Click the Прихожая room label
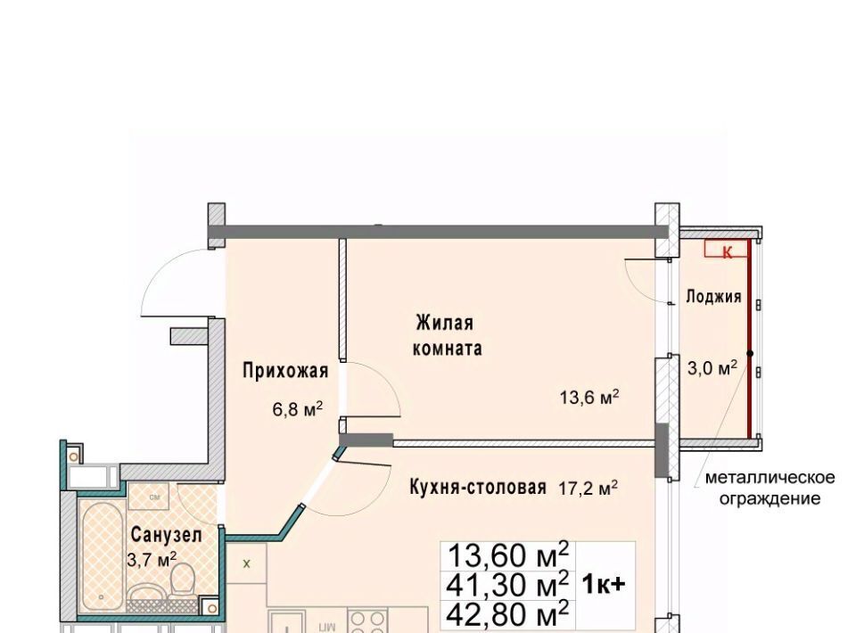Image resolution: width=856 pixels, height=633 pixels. click(285, 371)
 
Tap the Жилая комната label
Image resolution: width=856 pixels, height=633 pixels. click(447, 335)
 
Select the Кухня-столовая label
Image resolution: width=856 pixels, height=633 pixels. click(478, 487)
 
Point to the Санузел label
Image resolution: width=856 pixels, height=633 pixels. click(167, 535)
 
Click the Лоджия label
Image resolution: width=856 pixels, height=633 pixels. click(713, 296)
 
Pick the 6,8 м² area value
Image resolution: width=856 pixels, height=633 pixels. click(298, 408)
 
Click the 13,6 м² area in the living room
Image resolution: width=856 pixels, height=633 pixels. click(589, 396)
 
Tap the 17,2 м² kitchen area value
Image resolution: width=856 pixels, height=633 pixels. click(588, 488)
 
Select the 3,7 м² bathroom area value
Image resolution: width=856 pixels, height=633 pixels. click(152, 558)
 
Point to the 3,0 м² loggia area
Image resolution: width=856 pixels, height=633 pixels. click(712, 368)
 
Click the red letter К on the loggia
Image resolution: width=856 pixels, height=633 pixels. click(728, 252)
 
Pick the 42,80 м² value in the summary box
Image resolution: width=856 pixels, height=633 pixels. click(507, 614)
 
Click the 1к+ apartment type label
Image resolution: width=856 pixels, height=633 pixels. click(604, 585)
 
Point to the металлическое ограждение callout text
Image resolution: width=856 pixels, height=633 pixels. click(770, 488)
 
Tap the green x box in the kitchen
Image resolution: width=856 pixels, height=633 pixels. click(246, 563)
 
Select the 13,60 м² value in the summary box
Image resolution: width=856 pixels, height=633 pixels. click(507, 556)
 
